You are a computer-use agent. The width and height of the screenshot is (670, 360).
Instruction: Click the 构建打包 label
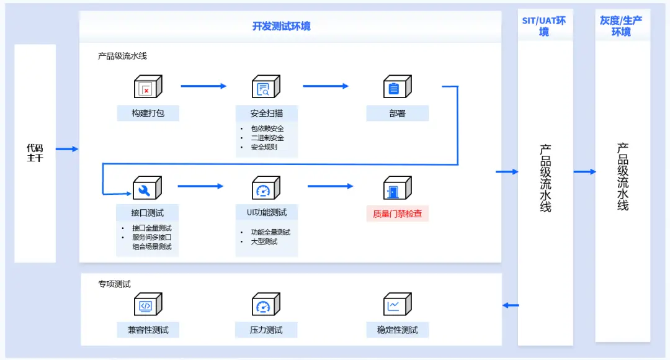[x=148, y=114]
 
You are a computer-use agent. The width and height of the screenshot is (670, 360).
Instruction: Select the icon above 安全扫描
[x=265, y=88]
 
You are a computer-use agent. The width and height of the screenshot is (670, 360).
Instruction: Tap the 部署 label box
[x=397, y=114]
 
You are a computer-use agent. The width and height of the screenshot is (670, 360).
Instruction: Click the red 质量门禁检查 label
[x=397, y=214]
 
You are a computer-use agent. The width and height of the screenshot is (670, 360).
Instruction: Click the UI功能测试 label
[x=266, y=212]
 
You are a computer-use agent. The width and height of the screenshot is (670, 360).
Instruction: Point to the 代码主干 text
[x=35, y=153]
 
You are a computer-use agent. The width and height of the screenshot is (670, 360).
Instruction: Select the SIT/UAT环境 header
[x=544, y=26]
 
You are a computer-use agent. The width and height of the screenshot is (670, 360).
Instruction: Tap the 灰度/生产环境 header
[x=621, y=26]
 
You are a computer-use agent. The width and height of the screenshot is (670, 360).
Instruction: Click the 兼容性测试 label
[x=148, y=330]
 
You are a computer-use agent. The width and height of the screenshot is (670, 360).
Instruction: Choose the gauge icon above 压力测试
[x=265, y=305]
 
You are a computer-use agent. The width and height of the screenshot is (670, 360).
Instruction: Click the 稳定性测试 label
[x=397, y=330]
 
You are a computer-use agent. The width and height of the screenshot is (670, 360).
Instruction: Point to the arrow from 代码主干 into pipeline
[x=67, y=149]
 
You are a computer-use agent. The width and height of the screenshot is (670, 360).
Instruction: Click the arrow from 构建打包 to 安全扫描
[x=203, y=86]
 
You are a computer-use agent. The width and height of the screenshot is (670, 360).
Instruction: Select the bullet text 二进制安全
[x=267, y=138]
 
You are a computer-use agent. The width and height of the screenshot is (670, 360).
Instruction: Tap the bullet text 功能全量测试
[x=270, y=232]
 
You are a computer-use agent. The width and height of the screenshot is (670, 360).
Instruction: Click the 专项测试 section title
[x=114, y=284]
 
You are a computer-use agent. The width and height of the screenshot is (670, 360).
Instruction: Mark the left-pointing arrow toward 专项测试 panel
[x=511, y=305]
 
